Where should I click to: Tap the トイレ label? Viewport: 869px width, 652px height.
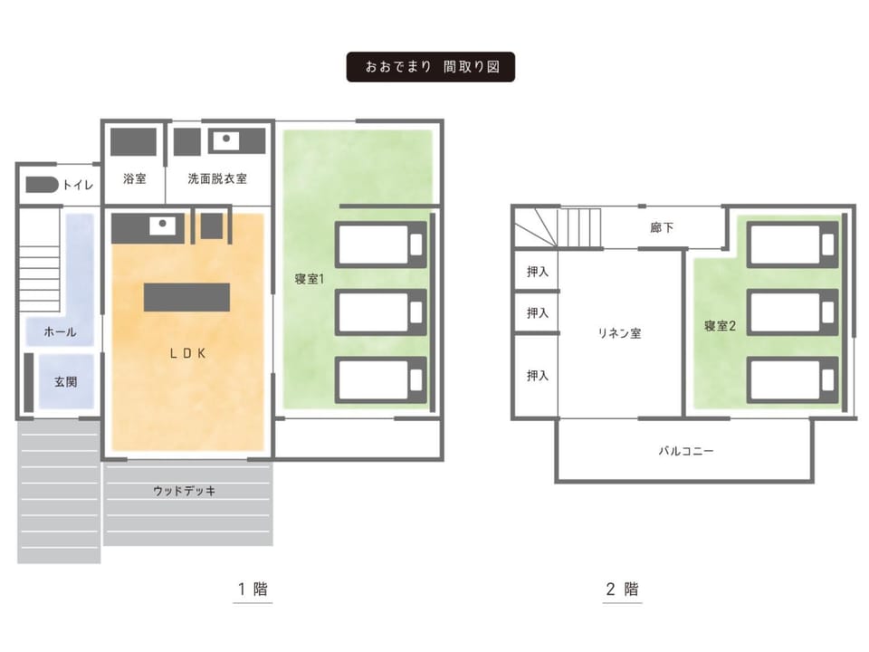[x=78, y=185]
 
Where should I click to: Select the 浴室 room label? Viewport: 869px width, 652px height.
[x=135, y=178]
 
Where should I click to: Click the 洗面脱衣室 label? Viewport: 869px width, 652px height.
[x=217, y=178]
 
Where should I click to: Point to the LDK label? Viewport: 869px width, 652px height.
[x=188, y=353]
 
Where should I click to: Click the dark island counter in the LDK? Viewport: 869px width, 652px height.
[x=186, y=297]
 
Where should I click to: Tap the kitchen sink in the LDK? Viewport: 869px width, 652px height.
[x=162, y=225]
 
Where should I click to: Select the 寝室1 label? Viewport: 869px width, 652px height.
[x=310, y=279]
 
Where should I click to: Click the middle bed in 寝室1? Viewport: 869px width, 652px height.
[x=381, y=312]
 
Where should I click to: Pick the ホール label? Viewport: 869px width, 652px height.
[x=60, y=332]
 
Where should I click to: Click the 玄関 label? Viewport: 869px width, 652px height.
[x=65, y=382]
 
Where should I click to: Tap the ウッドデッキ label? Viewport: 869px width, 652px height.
[x=185, y=491]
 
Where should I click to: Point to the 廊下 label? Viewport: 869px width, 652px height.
[x=662, y=227]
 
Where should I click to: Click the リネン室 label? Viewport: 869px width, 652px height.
[x=619, y=332]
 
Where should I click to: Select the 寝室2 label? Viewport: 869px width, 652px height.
[x=720, y=326]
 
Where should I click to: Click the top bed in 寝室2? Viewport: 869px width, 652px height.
[x=793, y=244]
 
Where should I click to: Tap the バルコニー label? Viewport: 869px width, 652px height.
[x=685, y=451]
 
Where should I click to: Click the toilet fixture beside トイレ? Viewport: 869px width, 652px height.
[x=42, y=185]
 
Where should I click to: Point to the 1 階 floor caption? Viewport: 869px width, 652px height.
[x=253, y=589]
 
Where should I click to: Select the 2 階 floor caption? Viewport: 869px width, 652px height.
[x=623, y=589]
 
